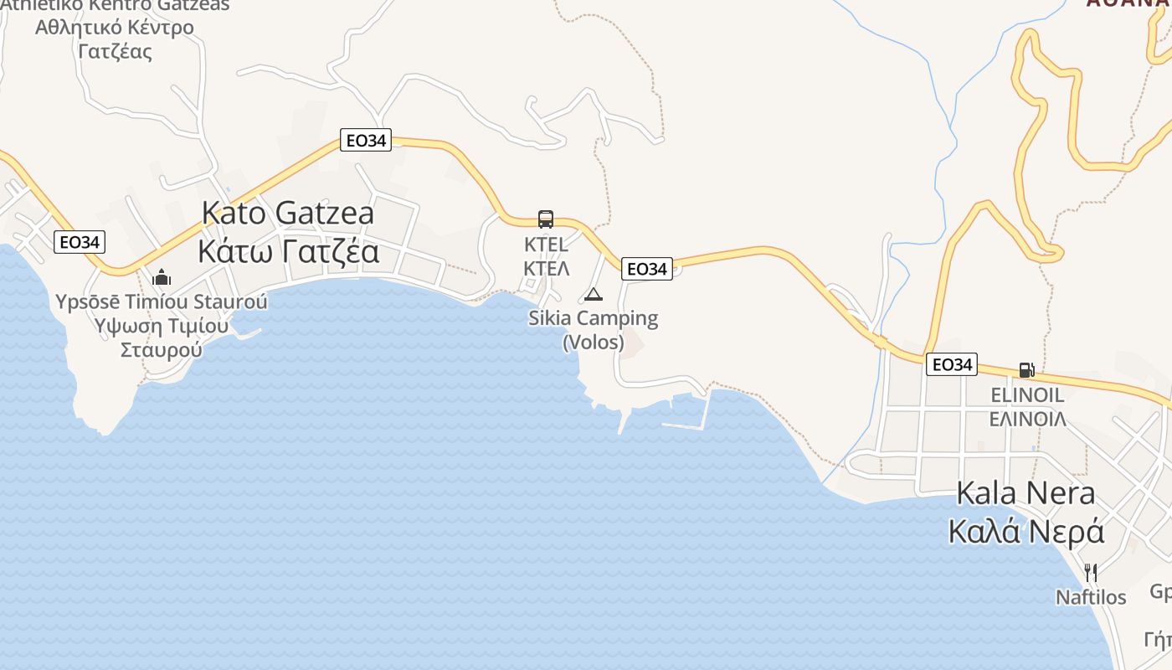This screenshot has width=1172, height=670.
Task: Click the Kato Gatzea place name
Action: (x=288, y=213)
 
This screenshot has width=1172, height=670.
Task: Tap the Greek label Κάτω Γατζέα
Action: (x=288, y=250)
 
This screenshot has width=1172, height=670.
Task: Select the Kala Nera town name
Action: (x=1025, y=492)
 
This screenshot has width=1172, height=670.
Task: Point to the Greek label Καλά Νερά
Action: (x=1025, y=531)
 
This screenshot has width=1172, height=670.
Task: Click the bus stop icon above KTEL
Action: (x=546, y=219)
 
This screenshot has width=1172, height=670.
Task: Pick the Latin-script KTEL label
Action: (x=546, y=245)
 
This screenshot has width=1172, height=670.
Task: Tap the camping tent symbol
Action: (x=594, y=294)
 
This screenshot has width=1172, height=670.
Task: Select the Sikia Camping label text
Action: (x=593, y=318)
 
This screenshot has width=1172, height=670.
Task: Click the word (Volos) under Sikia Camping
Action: (x=593, y=343)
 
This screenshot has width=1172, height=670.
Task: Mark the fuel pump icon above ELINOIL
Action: (x=1026, y=369)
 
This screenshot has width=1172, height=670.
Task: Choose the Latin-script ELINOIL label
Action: (x=1026, y=394)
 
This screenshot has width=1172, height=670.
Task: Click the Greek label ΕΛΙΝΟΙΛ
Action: (x=1027, y=419)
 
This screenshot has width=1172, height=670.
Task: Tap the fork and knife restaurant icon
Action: (x=1091, y=573)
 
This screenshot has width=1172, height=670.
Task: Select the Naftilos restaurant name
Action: (x=1091, y=597)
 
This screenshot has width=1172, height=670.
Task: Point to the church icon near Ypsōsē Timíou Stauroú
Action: (x=162, y=277)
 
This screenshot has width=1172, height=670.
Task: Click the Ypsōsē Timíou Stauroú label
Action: (x=162, y=301)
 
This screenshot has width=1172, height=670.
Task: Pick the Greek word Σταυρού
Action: (x=162, y=349)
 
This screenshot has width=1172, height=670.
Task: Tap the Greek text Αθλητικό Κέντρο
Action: (x=115, y=27)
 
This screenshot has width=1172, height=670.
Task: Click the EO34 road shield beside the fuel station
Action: (x=953, y=364)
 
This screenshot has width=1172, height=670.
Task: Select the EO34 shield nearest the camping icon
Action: (x=647, y=269)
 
